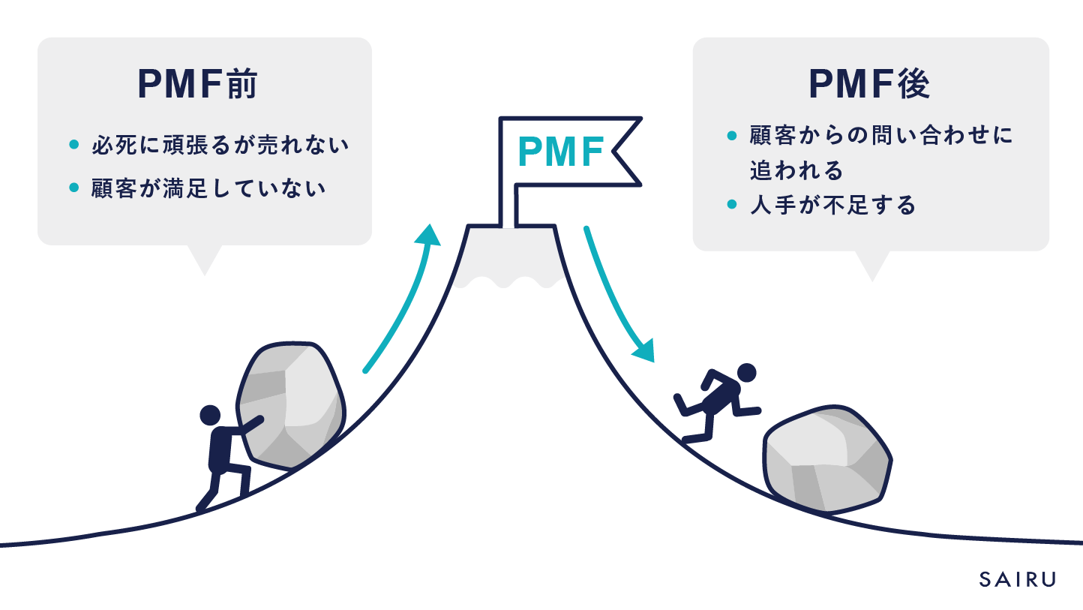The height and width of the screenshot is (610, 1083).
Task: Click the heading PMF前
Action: pos(198,85)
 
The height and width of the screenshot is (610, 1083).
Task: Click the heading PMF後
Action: pos(870,85)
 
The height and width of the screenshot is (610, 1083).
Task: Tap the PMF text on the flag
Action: pos(561,152)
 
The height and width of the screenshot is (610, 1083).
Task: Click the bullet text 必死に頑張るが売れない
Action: pos(220,145)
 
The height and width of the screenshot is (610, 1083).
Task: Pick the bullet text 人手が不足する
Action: pos(832,205)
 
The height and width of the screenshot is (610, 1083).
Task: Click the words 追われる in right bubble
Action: pos(796,171)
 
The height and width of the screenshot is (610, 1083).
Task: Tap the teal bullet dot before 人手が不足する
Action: pos(732,204)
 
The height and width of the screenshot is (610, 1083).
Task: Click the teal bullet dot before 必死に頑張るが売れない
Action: pos(73,145)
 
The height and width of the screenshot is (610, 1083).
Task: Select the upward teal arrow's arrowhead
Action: pos(429,234)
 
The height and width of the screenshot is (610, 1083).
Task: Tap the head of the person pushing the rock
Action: pos(210,415)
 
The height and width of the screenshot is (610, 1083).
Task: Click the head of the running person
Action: pos(746,373)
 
